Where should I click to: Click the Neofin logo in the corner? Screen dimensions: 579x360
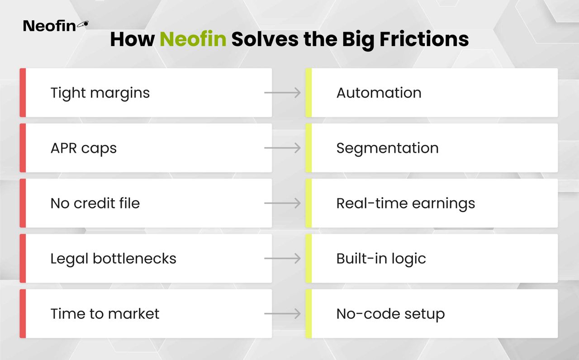click(56, 26)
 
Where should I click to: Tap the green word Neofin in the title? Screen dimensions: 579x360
click(193, 39)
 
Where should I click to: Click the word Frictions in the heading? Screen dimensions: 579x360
click(424, 39)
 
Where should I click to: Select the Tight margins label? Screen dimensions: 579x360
click(100, 93)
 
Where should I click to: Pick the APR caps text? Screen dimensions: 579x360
click(84, 148)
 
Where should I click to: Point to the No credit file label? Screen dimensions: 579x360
click(95, 203)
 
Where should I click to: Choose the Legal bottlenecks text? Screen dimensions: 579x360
click(113, 258)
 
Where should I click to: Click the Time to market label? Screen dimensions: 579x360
click(105, 314)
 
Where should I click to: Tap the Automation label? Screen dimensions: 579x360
click(379, 93)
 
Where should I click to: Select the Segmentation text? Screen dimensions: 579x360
click(388, 148)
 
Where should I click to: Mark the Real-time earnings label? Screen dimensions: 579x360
click(406, 204)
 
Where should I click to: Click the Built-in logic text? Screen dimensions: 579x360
click(381, 258)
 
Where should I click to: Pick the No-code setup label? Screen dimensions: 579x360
click(390, 314)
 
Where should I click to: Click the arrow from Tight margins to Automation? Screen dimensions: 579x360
click(282, 93)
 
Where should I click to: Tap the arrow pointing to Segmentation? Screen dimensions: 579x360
click(282, 148)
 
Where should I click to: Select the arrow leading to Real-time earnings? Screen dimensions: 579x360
click(282, 203)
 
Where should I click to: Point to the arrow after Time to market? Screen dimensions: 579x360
click(282, 314)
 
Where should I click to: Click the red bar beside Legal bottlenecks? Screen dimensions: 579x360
click(23, 258)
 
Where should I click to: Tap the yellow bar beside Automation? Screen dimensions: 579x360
click(308, 93)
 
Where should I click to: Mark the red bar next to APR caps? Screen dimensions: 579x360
click(23, 148)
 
